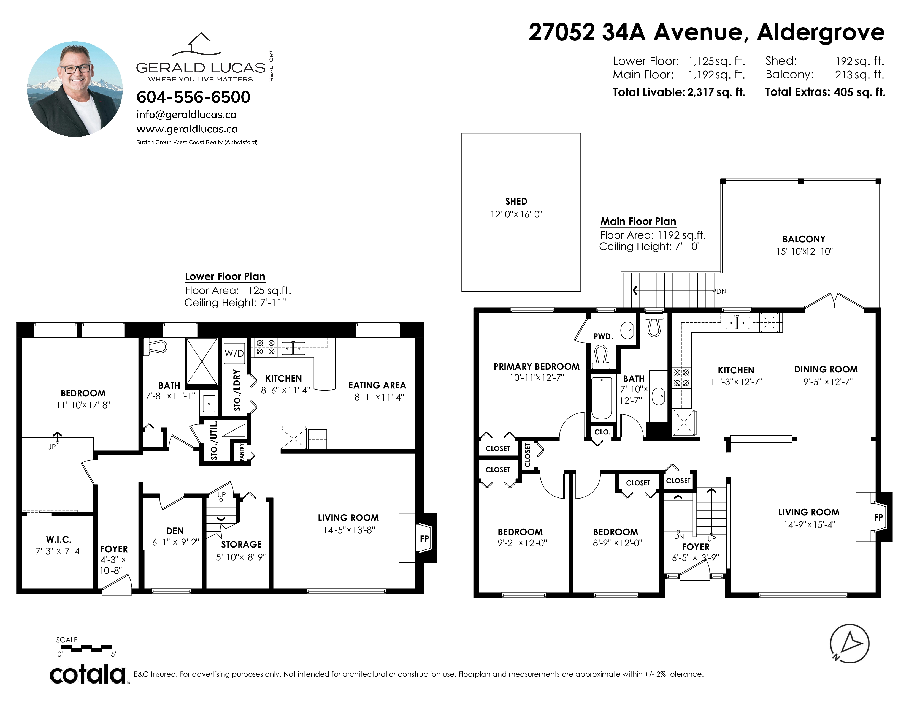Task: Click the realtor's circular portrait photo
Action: tap(75, 89)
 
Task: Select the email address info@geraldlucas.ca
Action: tap(186, 115)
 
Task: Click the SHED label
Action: tap(516, 201)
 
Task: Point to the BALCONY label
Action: tap(804, 239)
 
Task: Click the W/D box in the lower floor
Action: tap(234, 353)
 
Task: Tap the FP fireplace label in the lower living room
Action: tap(424, 538)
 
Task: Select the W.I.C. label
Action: tap(59, 539)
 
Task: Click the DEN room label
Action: tap(175, 531)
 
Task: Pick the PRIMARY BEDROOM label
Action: tap(537, 366)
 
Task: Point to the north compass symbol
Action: tap(850, 644)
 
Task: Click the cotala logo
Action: tap(88, 674)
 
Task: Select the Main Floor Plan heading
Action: tap(638, 221)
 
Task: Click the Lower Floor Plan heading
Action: tap(225, 277)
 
